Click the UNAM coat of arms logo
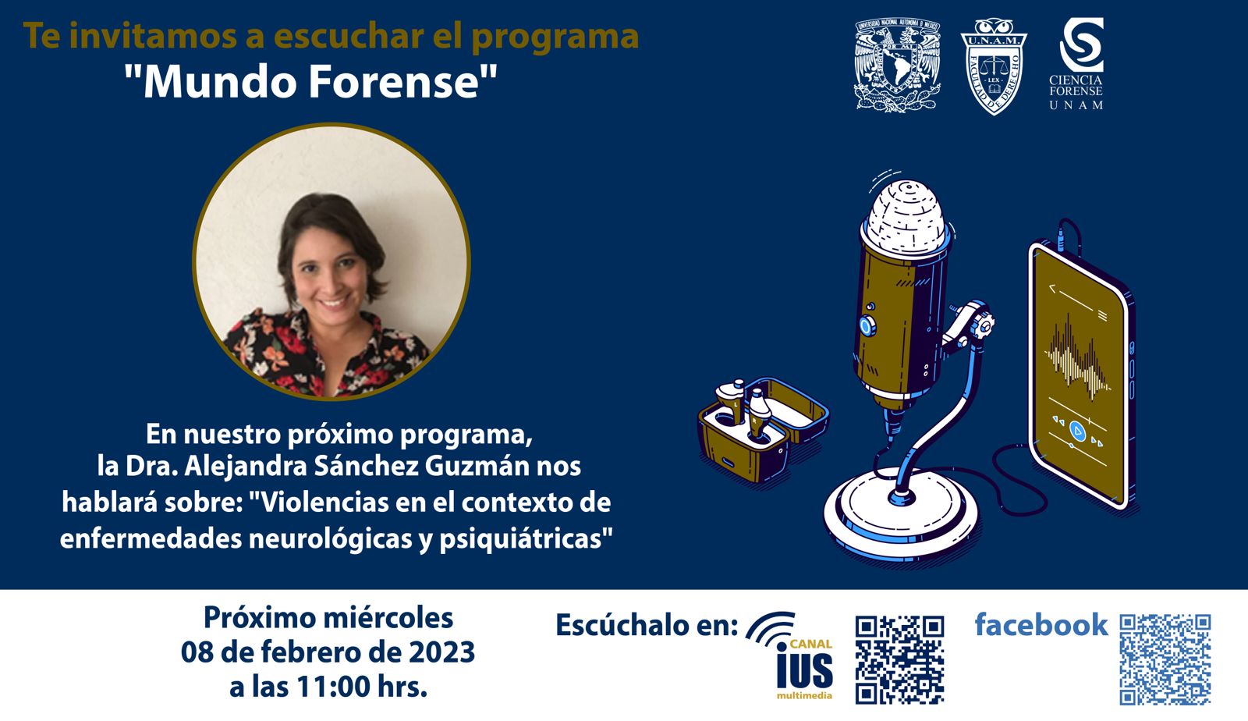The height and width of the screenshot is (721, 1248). pos(898,66)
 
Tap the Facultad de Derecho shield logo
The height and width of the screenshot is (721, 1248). pos(994,66)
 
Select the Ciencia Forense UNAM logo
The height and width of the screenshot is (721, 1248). pos(1076,63)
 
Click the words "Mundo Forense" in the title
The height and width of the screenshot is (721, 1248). pos(310,81)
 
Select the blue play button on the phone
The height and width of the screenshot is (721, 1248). pos(1077,431)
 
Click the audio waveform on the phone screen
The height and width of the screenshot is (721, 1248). pos(1076,356)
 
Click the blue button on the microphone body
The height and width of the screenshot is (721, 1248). pos(866,325)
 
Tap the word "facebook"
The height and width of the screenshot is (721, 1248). pos(1041,624)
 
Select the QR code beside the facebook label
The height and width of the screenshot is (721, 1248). pos(1165,659)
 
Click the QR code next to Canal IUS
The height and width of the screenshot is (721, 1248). pos(899,659)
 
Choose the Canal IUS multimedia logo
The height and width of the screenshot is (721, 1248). pos(791,655)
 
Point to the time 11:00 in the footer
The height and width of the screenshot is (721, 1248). pos(332,687)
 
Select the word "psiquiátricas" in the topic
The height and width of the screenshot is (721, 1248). pos(526,539)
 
